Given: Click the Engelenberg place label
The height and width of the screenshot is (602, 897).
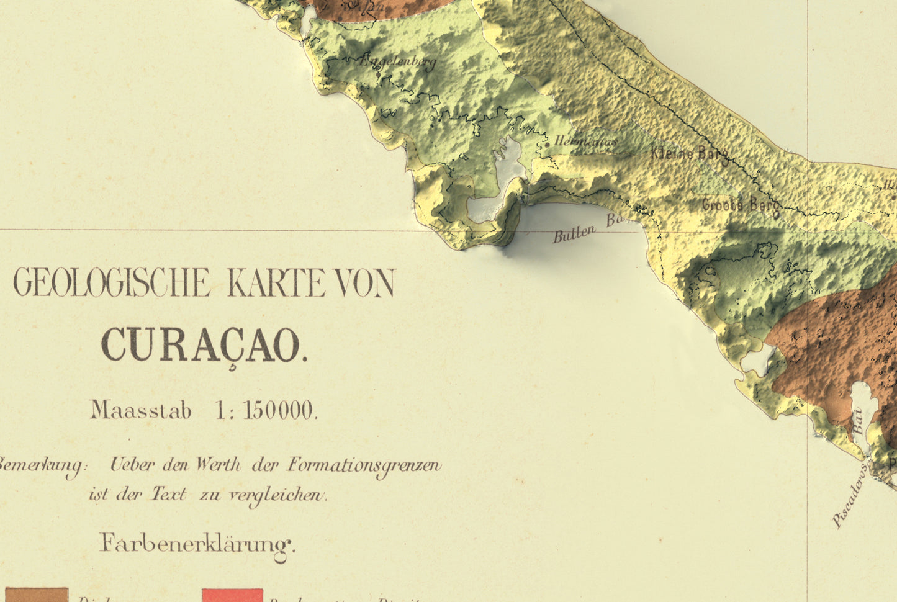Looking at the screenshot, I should pos(397,61).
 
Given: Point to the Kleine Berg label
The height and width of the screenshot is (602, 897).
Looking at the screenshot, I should pos(689,153).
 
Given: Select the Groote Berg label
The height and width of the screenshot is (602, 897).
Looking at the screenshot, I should pos(740,205).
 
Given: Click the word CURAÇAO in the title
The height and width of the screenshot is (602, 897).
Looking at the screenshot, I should pos(204,346).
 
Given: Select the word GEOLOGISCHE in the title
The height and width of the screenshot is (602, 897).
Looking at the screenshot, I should pos(112,283).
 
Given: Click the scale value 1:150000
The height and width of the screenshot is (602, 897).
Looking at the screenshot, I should pos(266,410).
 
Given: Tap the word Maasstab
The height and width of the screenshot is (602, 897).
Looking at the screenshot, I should pos(141,410).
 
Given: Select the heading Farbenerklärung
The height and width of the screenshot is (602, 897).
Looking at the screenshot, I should pos(197,544).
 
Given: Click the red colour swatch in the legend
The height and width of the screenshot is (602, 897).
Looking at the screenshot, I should pos(232,596).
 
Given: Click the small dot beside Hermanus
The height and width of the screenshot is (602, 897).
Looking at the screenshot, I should pos(547,144).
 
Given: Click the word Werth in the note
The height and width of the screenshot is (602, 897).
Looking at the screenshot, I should pos(218,465).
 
